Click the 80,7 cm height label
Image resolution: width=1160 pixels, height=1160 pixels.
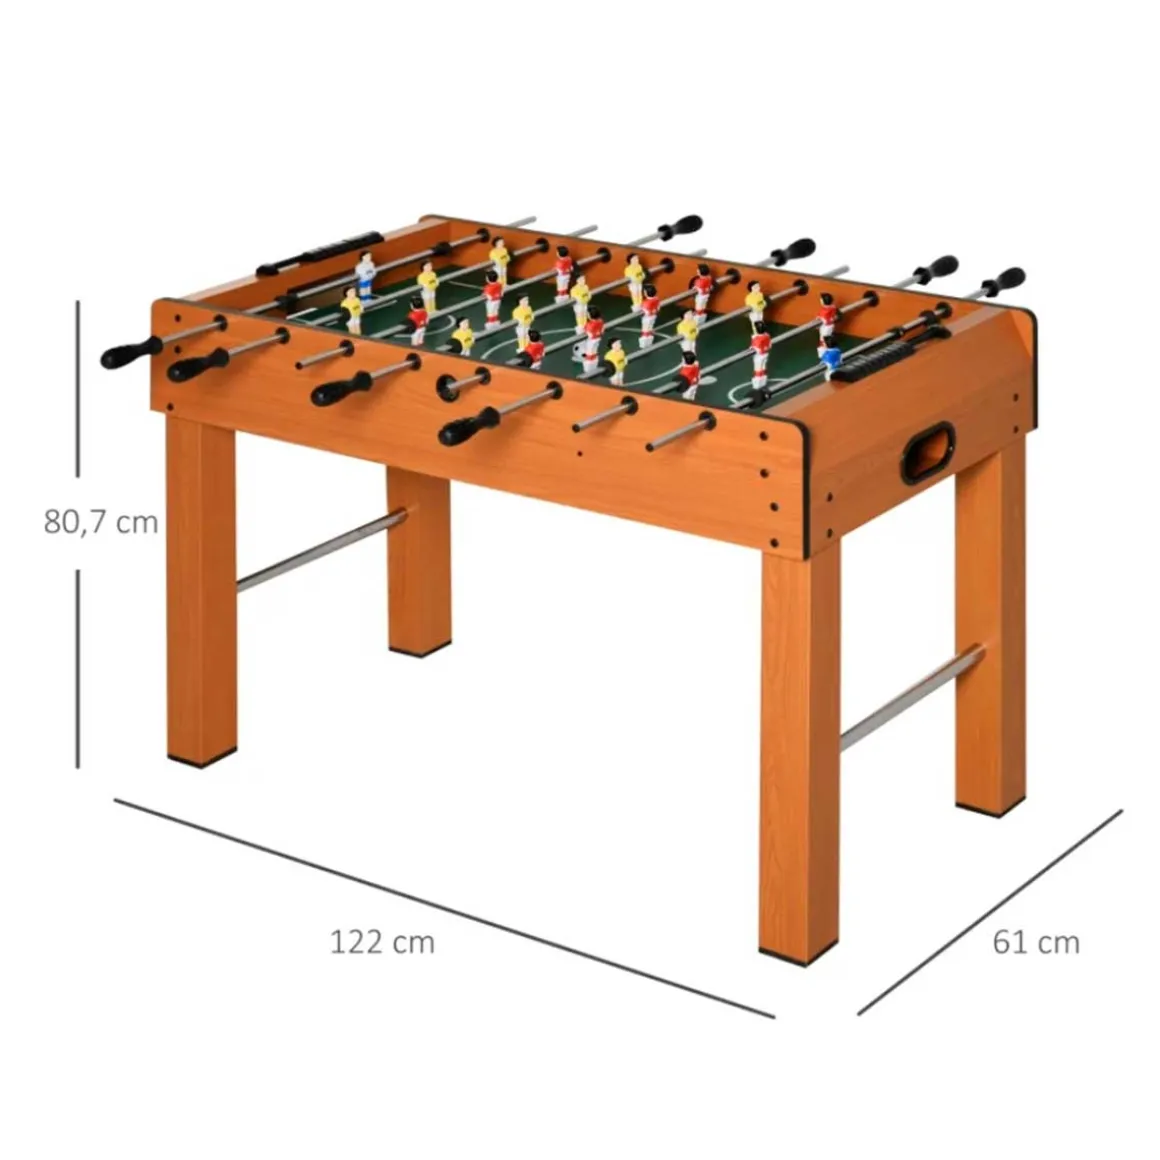tap(101, 522)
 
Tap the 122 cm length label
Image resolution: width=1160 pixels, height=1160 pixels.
tap(382, 942)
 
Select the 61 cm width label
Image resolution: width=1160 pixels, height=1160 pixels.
tap(1036, 942)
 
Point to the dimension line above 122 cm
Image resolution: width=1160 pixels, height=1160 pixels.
tap(444, 908)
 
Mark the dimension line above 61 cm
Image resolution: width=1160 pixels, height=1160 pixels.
tap(990, 912)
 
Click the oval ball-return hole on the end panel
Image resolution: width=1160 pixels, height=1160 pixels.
tap(926, 453)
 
